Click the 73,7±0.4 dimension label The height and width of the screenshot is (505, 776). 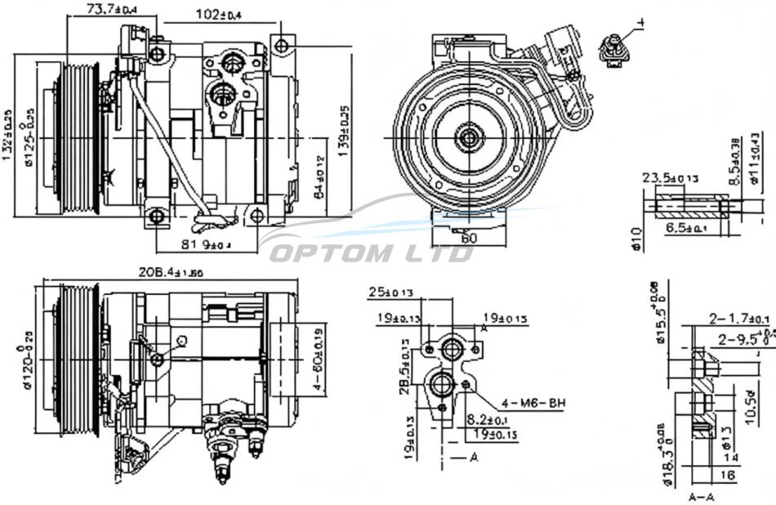point(111,9)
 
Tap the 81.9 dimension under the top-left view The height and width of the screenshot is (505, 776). point(205,243)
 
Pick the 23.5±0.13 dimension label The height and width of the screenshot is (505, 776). point(670,177)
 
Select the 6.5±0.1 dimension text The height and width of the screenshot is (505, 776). point(685,229)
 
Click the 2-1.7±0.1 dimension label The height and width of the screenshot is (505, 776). point(739,318)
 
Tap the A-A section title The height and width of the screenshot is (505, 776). point(701,495)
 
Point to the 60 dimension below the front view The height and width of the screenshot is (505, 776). point(468,238)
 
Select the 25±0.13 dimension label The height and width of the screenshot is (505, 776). point(390,292)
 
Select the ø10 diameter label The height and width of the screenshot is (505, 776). point(637,240)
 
